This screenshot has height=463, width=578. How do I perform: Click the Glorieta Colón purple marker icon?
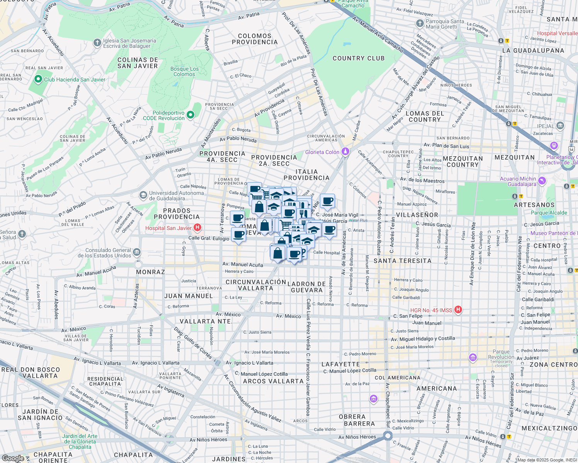tap(345, 152)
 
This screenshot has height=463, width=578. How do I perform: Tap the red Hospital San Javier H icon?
tap(197, 228)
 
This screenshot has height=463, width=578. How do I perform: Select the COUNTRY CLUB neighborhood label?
tap(359, 58)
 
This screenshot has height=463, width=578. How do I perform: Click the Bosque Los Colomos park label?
tap(184, 72)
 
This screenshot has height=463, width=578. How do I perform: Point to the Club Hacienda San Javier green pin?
tap(38, 79)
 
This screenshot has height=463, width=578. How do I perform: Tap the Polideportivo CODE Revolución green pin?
tap(190, 115)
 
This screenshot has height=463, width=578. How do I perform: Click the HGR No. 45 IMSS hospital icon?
tap(458, 310)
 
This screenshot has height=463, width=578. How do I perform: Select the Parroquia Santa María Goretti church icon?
tap(420, 24)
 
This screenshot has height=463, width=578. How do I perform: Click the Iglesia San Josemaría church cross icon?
tap(97, 43)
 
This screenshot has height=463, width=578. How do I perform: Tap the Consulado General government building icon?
tap(137, 253)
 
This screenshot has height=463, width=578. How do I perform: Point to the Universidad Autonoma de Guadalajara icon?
tap(143, 195)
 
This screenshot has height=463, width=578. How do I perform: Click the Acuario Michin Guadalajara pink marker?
tap(542, 181)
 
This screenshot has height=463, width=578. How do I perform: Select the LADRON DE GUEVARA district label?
tap(307, 287)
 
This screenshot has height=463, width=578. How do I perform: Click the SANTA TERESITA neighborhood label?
tap(402, 261)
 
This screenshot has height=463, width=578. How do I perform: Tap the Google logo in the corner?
tap(12, 458)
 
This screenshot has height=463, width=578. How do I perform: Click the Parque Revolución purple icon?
tap(473, 357)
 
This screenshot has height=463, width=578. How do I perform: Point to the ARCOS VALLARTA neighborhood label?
tap(273, 381)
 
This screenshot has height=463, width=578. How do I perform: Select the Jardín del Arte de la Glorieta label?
tap(80, 441)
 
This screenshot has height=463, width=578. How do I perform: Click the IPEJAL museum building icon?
tap(560, 126)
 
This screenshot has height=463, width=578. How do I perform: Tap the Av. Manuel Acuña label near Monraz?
tap(96, 271)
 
